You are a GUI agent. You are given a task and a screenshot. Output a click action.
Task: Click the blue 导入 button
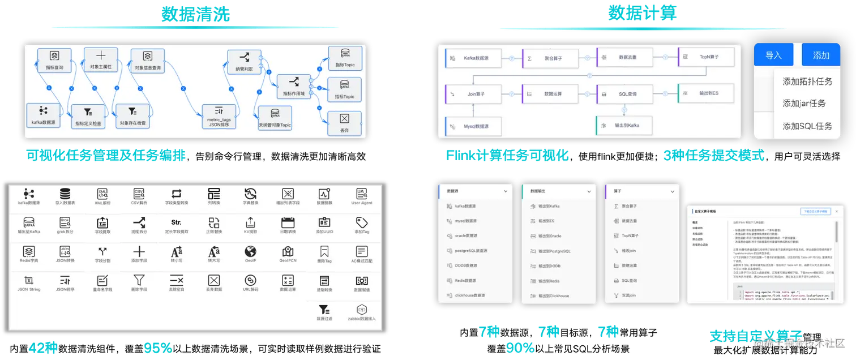pos(773,55)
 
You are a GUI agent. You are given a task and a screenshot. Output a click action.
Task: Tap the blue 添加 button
pos(821,55)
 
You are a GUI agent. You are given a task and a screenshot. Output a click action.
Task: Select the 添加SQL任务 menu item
pos(807,126)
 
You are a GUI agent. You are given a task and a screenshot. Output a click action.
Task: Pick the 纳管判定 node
pos(244,62)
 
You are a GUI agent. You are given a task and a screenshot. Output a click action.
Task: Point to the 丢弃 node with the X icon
pos(344,123)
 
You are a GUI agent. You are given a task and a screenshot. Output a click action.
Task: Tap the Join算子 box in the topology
pos(473,94)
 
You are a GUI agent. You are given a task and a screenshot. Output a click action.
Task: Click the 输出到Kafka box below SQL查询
pos(624,126)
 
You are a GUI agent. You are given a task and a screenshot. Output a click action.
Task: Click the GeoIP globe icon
pos(250,255)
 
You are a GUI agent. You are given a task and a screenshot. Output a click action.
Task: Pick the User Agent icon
pos(362,196)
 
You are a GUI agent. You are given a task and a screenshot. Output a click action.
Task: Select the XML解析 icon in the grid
pos(102,196)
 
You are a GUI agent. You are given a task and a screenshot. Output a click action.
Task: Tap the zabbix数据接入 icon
pos(362,312)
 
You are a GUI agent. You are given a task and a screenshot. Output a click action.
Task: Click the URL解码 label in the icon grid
pos(250,289)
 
